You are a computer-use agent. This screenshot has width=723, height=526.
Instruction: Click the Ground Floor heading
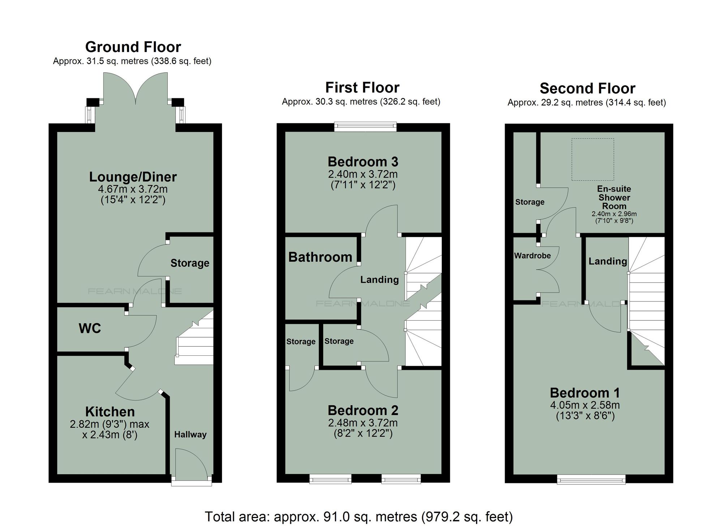tap(133, 47)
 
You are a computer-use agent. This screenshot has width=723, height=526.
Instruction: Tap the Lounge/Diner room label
tap(133, 177)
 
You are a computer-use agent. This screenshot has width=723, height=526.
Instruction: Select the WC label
tap(90, 328)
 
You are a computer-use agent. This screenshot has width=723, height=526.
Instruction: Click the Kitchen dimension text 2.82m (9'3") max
tap(110, 424)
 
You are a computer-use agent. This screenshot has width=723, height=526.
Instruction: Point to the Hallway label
tap(190, 434)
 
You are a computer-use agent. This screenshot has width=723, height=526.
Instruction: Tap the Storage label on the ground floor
tap(190, 263)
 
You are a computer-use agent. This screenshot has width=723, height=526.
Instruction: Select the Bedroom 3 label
tap(363, 162)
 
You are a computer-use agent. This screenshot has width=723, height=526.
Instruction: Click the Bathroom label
tap(320, 257)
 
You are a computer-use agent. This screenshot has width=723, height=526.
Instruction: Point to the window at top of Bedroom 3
tap(365, 127)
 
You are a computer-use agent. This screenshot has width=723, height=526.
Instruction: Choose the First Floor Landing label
tap(380, 279)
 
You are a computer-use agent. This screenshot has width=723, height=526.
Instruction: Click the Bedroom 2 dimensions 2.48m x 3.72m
tap(363, 423)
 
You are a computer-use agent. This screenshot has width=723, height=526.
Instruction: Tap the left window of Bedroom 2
tap(330, 479)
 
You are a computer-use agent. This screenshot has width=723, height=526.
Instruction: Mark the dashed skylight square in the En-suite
tap(592, 159)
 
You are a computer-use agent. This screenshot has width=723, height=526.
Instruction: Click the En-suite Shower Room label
tap(614, 197)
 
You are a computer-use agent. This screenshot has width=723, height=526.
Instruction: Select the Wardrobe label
tap(532, 256)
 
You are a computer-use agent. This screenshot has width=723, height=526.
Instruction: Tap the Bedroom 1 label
tap(585, 393)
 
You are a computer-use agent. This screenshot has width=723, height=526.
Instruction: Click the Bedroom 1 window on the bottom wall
tap(591, 480)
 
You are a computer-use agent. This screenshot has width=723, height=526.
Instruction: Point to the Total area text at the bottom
tap(359, 516)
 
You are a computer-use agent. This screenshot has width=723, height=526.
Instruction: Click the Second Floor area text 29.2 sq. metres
tap(586, 103)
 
